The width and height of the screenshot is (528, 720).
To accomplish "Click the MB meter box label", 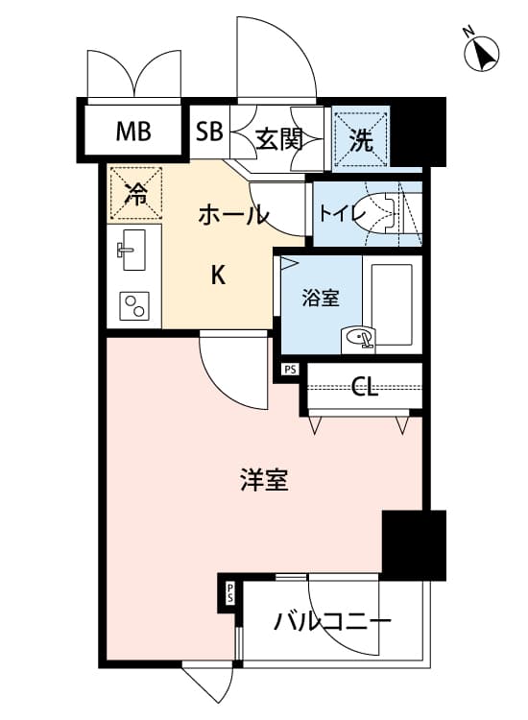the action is click(133, 132).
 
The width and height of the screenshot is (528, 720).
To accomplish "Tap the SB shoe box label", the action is click(209, 132).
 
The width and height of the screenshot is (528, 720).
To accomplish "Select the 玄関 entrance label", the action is click(278, 139).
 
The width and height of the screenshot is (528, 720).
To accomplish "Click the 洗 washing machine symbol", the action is click(361, 139).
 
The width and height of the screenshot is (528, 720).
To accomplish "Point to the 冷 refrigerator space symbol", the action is click(136, 193).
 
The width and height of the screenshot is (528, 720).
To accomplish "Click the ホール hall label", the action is click(233, 214).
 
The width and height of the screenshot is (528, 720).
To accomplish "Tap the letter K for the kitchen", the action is click(218, 276).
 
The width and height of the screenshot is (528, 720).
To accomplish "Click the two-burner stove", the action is click(134, 306).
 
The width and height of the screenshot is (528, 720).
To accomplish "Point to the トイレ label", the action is click(342, 213).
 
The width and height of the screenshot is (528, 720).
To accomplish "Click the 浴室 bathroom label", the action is click(321, 299).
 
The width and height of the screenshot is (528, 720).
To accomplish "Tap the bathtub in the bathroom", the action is click(391, 304).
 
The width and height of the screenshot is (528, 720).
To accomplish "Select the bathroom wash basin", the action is click(358, 340).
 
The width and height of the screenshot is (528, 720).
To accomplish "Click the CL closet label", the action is click(365, 387).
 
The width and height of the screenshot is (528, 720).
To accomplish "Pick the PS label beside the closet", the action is click(290, 369).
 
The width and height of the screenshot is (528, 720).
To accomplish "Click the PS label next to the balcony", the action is click(229, 593).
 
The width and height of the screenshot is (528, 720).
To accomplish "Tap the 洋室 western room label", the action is click(264, 479).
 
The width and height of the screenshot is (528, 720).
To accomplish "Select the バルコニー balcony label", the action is click(332, 622).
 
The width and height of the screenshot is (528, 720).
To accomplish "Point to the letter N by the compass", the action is click(468, 32).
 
